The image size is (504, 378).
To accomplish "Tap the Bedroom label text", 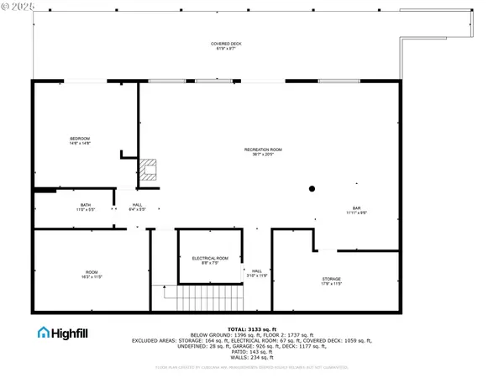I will pyautogui.click(x=79, y=138).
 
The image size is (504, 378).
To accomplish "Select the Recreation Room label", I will pyautogui.click(x=262, y=150).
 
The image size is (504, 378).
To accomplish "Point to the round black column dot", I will pyautogui.click(x=311, y=188).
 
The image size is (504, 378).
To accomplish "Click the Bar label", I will pyautogui.click(x=356, y=207).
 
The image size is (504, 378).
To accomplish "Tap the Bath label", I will pyautogui.click(x=86, y=204).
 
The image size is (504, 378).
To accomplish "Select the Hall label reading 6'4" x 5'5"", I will pyautogui.click(x=137, y=209).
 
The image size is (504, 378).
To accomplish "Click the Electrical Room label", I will pyautogui.click(x=210, y=258).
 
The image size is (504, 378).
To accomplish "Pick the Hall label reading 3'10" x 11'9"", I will pyautogui.click(x=257, y=273).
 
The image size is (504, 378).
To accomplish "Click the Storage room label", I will pyautogui.click(x=332, y=278).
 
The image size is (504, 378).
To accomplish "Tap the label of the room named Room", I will pyautogui.click(x=91, y=271).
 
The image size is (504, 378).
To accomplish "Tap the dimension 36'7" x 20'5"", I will pyautogui.click(x=262, y=155).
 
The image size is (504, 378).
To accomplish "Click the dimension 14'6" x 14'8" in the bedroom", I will pyautogui.click(x=79, y=144).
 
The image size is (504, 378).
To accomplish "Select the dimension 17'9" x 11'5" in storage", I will pyautogui.click(x=332, y=284).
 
